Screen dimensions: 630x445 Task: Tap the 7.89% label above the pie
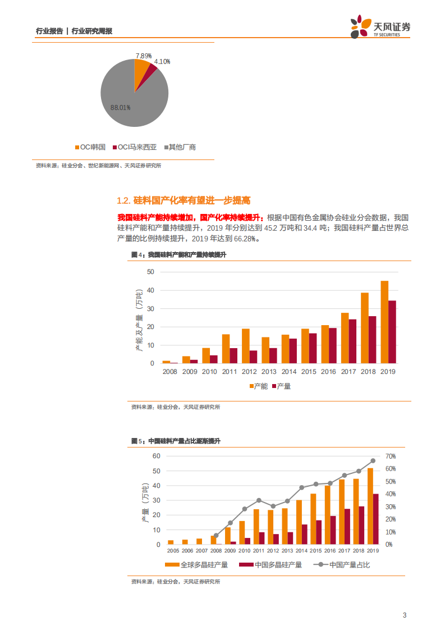point(143,56)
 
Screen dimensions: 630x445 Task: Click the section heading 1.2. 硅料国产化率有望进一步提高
point(183,200)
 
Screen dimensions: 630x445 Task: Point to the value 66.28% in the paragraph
point(244,239)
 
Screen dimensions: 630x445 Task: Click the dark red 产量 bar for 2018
point(372,340)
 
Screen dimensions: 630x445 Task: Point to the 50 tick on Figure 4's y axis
point(150,272)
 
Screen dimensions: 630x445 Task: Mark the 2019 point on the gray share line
point(373,461)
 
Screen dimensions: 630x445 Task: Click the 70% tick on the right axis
point(391,456)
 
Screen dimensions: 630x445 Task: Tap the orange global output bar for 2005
point(171,542)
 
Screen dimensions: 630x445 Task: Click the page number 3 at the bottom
point(404,615)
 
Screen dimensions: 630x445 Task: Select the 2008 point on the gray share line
point(216,536)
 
